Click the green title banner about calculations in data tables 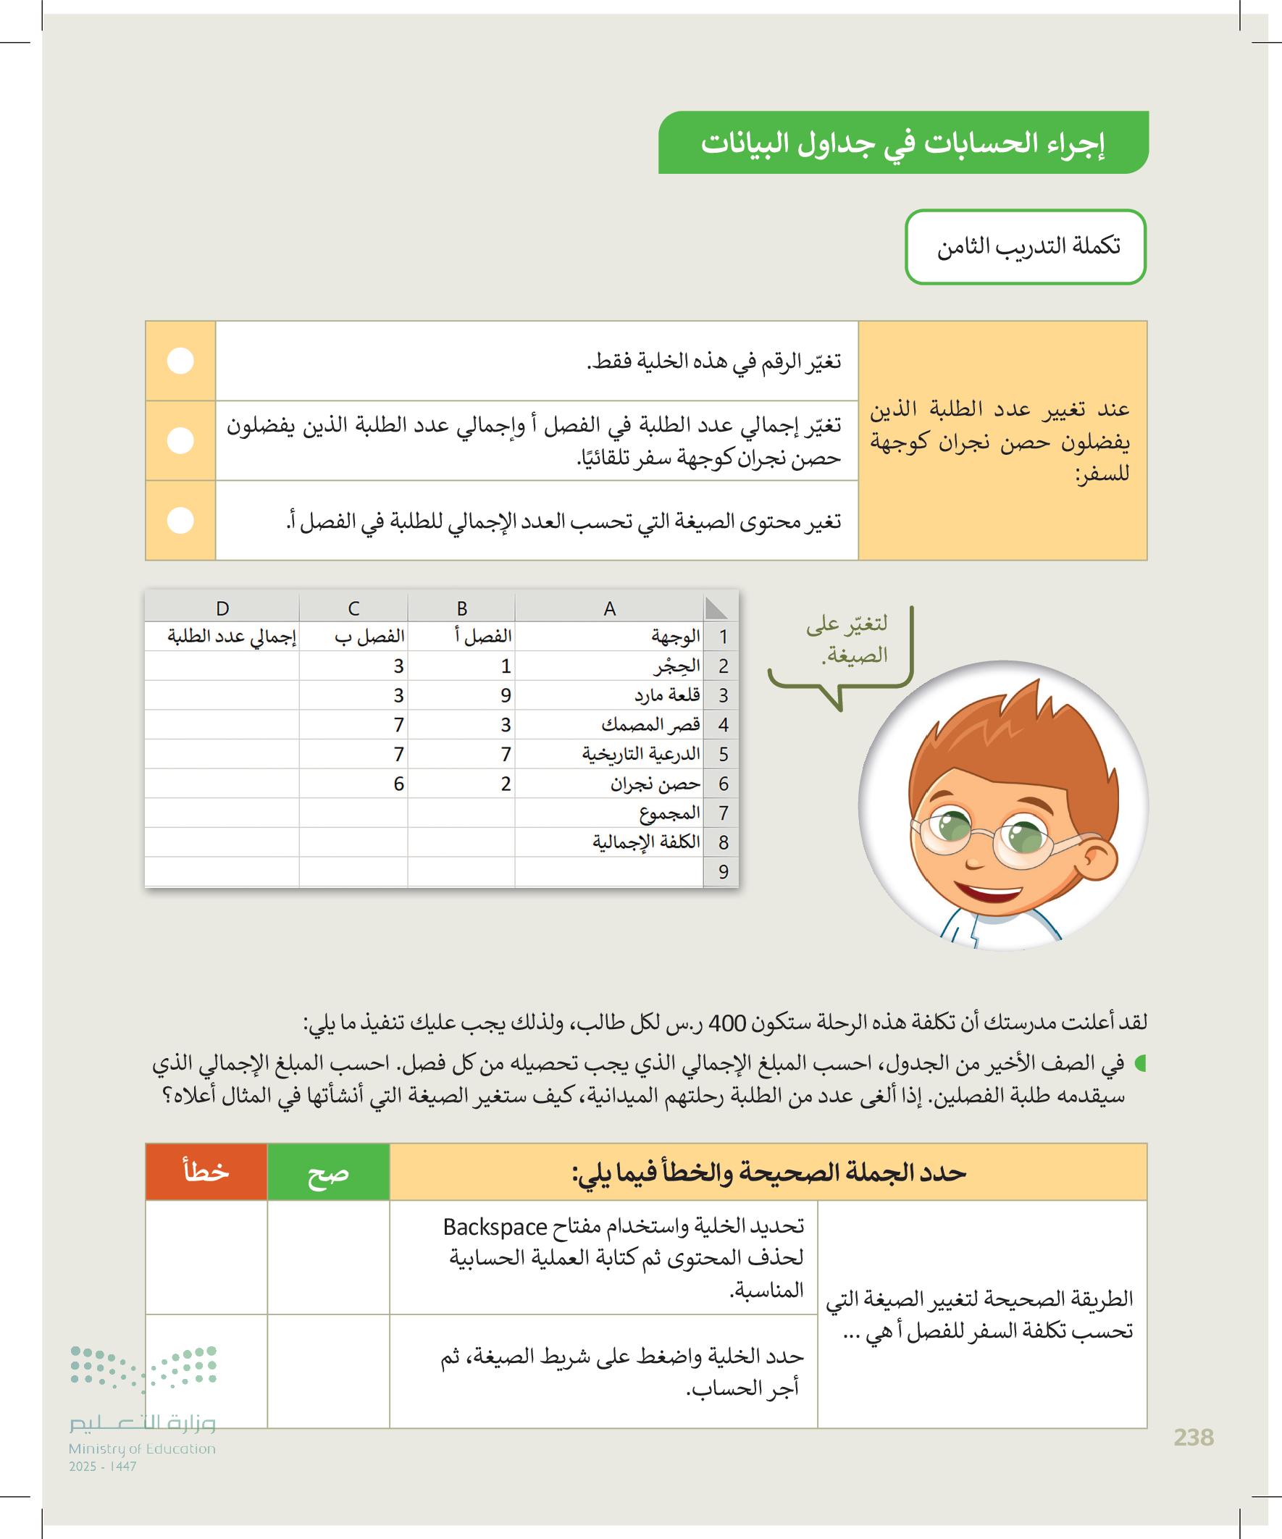click(x=902, y=143)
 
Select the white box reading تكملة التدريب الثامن click(x=1026, y=247)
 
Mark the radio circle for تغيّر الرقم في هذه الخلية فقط click(x=180, y=361)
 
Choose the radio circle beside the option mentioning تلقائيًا click(x=180, y=440)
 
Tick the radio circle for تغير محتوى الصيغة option click(x=180, y=520)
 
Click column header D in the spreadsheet click(x=223, y=608)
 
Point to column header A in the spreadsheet click(x=609, y=608)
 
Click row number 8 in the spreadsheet click(x=723, y=843)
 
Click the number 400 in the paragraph click(x=727, y=1023)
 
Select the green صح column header click(x=327, y=1173)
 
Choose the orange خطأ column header click(x=206, y=1173)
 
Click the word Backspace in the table click(x=495, y=1227)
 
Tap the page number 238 click(x=1194, y=1438)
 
